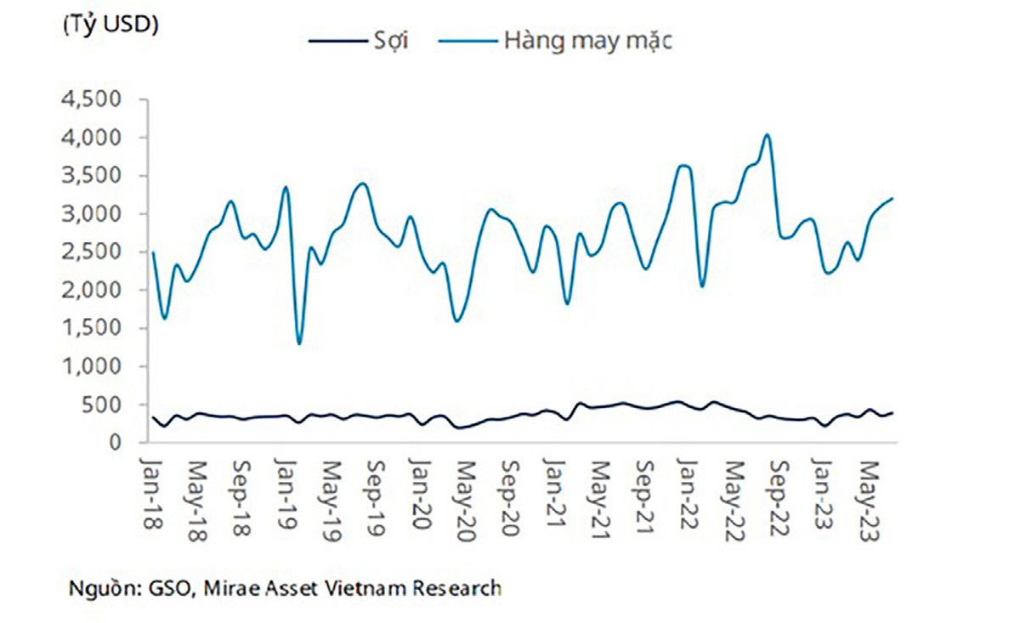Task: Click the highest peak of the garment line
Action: pyautogui.click(x=767, y=134)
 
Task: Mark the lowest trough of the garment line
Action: pyautogui.click(x=299, y=343)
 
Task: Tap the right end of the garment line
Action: pyautogui.click(x=892, y=198)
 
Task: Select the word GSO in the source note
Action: pyautogui.click(x=169, y=587)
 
